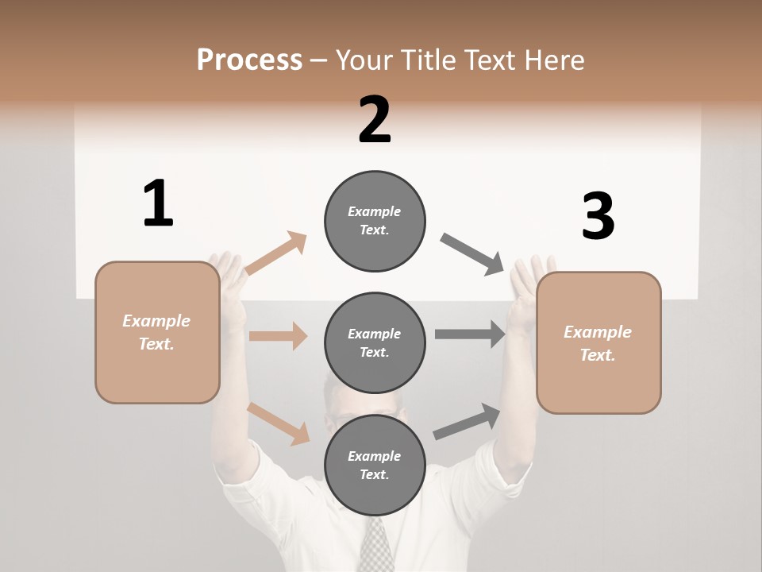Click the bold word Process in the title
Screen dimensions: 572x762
click(249, 60)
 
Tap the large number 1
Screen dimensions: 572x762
click(158, 203)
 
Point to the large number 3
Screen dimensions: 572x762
click(598, 216)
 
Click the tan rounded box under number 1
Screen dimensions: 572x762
click(157, 332)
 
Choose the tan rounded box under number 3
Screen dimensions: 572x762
click(598, 342)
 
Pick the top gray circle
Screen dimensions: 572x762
click(375, 221)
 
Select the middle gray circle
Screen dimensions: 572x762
click(375, 342)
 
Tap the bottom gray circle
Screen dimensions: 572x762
click(375, 465)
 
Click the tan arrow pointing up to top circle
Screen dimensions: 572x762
click(275, 253)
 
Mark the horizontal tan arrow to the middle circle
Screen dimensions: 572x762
click(278, 336)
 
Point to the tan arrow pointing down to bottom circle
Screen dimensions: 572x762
click(279, 423)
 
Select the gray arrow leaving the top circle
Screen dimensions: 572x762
click(472, 254)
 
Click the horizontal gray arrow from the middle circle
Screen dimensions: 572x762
click(470, 334)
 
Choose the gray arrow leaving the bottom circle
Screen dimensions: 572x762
click(467, 422)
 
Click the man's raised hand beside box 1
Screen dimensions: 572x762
click(227, 274)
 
